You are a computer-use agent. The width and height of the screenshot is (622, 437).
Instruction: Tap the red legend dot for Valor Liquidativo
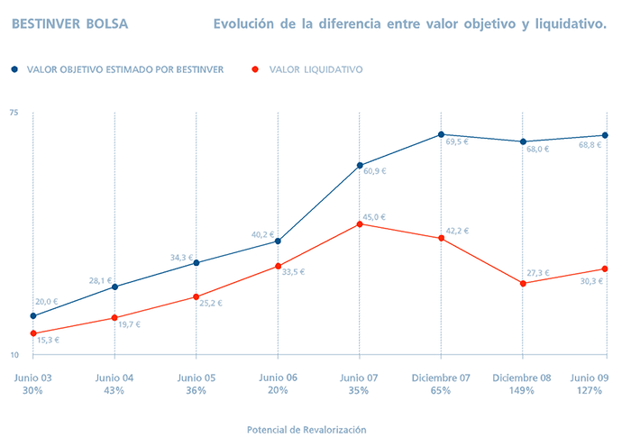click(x=257, y=68)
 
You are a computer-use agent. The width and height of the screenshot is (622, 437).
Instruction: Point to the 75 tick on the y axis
click(x=14, y=113)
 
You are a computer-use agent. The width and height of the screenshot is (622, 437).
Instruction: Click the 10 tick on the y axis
click(x=14, y=354)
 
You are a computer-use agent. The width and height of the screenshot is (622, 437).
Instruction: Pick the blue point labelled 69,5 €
click(x=442, y=134)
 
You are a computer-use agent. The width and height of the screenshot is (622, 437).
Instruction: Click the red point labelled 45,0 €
click(x=360, y=223)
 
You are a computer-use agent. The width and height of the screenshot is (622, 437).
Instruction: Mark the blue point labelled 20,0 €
click(x=33, y=315)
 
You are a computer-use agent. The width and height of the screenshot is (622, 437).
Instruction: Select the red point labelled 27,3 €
click(x=524, y=283)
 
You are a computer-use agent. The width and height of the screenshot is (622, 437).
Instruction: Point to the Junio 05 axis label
click(x=197, y=378)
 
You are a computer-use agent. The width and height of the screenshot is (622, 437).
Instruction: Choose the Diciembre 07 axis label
click(x=442, y=378)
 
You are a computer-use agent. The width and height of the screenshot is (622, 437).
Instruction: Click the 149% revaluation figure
click(x=523, y=391)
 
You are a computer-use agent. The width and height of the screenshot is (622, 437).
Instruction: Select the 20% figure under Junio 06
click(x=278, y=391)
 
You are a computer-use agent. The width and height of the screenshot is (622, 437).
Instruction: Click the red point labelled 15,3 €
click(x=33, y=333)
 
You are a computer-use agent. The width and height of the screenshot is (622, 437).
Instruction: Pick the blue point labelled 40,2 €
click(x=278, y=241)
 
